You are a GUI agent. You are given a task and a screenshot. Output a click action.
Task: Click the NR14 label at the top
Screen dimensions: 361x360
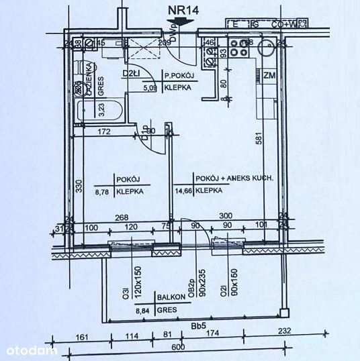[x=183, y=9]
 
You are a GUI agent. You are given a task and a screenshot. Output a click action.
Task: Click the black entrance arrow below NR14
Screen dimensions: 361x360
[x=183, y=22]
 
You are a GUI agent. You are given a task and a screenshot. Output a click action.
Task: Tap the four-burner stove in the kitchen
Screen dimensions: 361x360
[x=238, y=46]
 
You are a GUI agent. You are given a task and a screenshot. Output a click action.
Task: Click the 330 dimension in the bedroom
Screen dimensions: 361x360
[x=79, y=187]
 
